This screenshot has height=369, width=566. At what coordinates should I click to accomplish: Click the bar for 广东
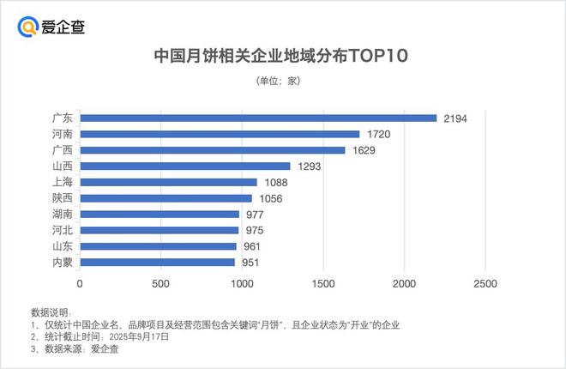258,118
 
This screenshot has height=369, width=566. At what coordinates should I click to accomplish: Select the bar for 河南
220,135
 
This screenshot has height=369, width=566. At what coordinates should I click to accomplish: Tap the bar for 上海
168,183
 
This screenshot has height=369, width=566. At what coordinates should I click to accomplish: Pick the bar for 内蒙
157,263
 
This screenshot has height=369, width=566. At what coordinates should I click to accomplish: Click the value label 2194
455,118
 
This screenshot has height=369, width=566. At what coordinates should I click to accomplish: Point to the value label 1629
364,151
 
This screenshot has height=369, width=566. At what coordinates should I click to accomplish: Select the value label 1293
309,166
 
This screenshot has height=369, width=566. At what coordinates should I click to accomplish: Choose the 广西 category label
63,151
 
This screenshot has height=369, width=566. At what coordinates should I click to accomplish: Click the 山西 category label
63,166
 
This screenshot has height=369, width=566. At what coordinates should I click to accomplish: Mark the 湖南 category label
63,215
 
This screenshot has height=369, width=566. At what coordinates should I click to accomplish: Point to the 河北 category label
63,231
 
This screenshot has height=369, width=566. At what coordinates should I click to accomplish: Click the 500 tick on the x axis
160,284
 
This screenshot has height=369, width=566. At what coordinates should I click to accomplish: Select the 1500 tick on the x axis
322,284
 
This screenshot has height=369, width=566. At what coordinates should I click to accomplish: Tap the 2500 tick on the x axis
485,284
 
